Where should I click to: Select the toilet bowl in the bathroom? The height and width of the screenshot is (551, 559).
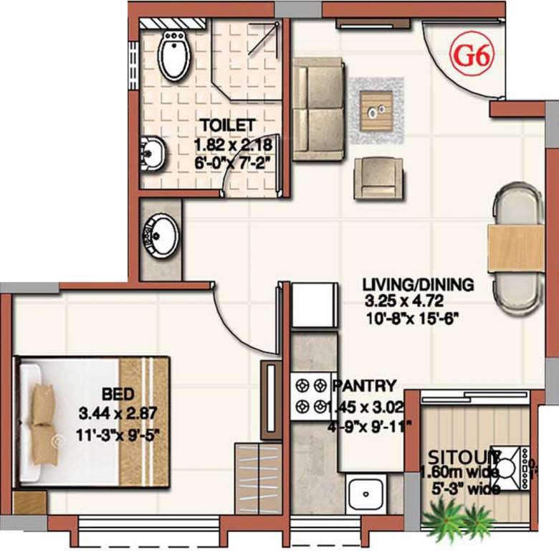point(173,55)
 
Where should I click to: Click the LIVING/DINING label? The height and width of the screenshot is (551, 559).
point(418,284)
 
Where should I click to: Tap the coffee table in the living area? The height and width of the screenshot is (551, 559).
point(376,110)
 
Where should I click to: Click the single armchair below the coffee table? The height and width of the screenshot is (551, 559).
point(376,177)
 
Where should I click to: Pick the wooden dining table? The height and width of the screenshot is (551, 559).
point(515,248)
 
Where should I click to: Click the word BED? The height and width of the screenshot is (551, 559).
point(116,394)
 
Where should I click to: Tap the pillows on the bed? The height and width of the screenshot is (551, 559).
point(42,415)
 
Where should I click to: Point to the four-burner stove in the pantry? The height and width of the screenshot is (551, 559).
point(308,396)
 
